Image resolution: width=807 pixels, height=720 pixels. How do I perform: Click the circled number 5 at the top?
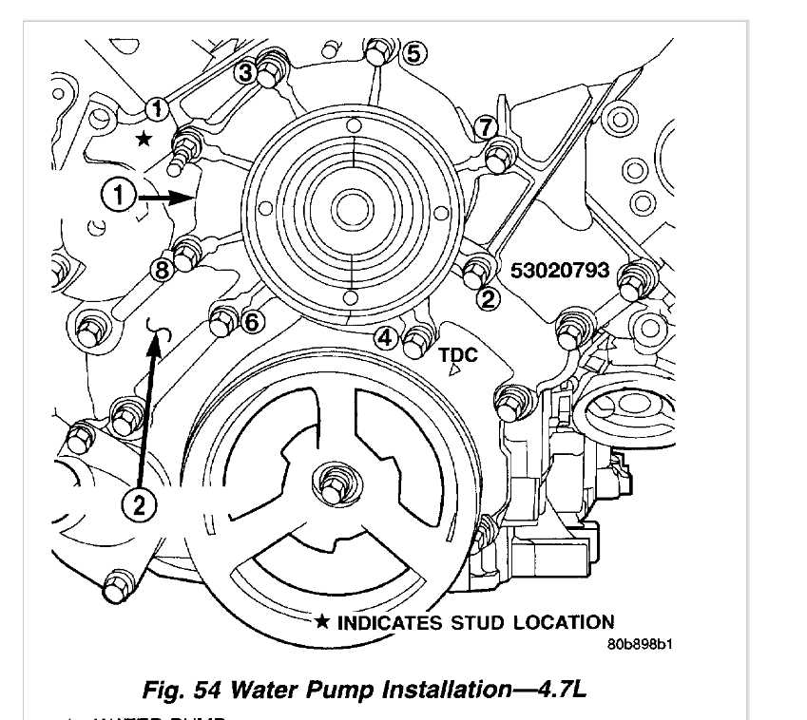coord(411,52)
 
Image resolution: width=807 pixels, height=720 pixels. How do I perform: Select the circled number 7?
coord(485,125)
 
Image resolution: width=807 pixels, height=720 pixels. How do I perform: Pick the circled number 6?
coord(251,322)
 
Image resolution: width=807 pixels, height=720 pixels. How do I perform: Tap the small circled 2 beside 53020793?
coord(489,299)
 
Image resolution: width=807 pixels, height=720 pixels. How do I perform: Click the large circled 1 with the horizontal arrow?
coord(118,197)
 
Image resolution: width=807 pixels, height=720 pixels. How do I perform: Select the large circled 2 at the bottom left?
coord(139,503)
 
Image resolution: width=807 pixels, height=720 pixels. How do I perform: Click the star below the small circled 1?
coord(143,139)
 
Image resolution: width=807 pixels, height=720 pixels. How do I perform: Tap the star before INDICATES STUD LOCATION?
coord(323,623)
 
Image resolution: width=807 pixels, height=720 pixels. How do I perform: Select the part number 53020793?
coord(559,270)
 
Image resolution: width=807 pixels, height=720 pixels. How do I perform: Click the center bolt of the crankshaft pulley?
coord(333,481)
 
